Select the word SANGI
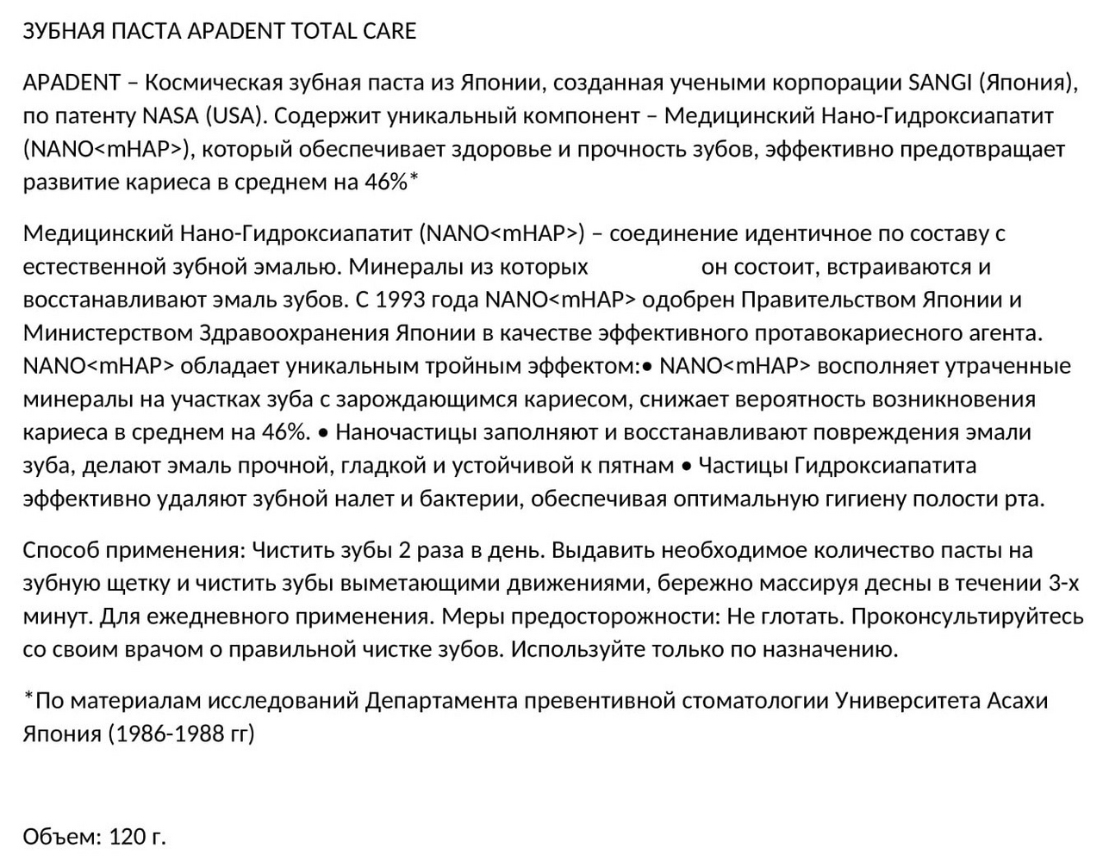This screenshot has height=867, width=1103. click(x=942, y=83)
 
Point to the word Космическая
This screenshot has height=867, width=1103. click(x=214, y=83)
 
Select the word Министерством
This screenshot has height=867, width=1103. click(x=108, y=333)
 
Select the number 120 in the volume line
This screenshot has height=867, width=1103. click(x=125, y=836)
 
